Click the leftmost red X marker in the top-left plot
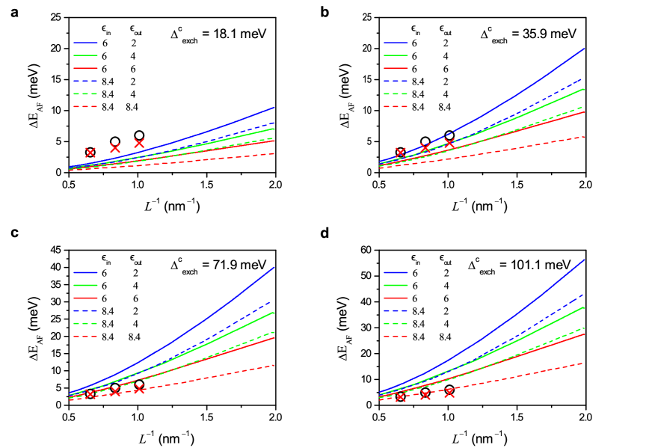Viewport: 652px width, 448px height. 90,153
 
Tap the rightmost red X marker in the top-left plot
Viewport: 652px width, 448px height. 139,143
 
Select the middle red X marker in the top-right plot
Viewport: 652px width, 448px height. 425,148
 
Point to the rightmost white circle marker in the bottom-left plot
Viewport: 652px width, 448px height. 139,384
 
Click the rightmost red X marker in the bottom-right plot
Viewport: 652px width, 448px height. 449,392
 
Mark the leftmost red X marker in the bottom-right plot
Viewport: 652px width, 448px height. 400,397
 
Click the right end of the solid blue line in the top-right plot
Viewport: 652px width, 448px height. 584,48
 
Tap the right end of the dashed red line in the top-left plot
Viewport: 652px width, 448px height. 274,153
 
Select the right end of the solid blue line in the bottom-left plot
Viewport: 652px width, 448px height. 274,267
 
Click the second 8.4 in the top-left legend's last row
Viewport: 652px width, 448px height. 132,108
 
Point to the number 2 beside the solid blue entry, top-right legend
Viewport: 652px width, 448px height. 446,43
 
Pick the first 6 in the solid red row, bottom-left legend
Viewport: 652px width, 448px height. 104,298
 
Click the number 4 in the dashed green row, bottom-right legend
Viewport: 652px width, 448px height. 446,324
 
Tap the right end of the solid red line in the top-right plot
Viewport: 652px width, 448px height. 584,111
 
